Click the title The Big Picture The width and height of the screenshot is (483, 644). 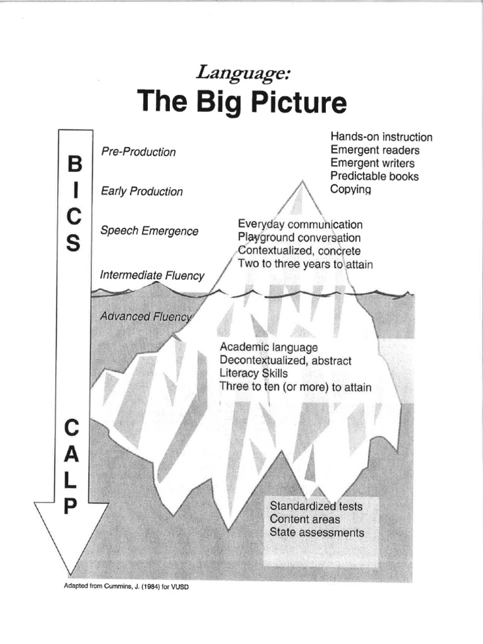tap(241, 102)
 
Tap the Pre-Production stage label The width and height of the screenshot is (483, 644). tap(138, 152)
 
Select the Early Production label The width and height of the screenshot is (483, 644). tap(142, 191)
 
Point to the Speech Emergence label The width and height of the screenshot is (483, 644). tap(149, 231)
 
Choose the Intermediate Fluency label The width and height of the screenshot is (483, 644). tap(152, 275)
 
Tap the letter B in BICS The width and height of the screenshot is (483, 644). tap(74, 164)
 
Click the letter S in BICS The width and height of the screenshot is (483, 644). tap(74, 243)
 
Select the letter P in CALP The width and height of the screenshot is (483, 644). tap(71, 506)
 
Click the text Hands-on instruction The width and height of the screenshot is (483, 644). tap(381, 137)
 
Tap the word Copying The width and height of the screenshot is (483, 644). tap(350, 189)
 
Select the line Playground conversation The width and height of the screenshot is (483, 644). tap(299, 238)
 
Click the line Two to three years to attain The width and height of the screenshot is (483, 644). tap(306, 265)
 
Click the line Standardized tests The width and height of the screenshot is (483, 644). tap(316, 506)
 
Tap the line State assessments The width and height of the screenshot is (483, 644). tap(316, 533)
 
